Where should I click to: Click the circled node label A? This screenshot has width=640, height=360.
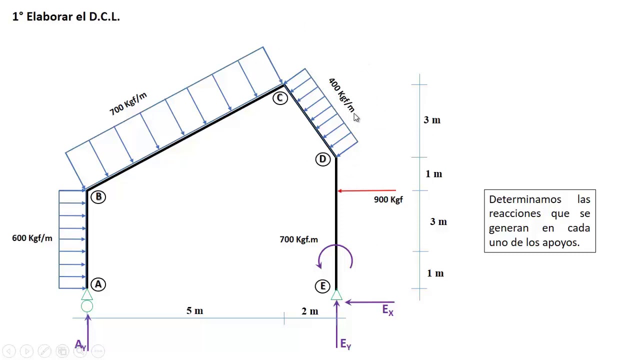pyautogui.click(x=98, y=284)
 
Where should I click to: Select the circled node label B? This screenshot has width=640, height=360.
pyautogui.click(x=98, y=197)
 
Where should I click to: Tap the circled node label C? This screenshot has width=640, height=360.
pyautogui.click(x=280, y=98)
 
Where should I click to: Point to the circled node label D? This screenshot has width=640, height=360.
pyautogui.click(x=323, y=159)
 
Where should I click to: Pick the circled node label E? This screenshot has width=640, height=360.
pyautogui.click(x=323, y=286)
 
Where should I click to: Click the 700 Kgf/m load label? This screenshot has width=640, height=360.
pyautogui.click(x=128, y=103)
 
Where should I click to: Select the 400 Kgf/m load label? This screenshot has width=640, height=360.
pyautogui.click(x=341, y=95)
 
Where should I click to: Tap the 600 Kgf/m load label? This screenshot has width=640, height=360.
pyautogui.click(x=32, y=238)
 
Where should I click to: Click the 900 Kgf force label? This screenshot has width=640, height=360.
pyautogui.click(x=388, y=199)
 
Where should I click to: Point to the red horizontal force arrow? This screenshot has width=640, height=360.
pyautogui.click(x=367, y=190)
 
